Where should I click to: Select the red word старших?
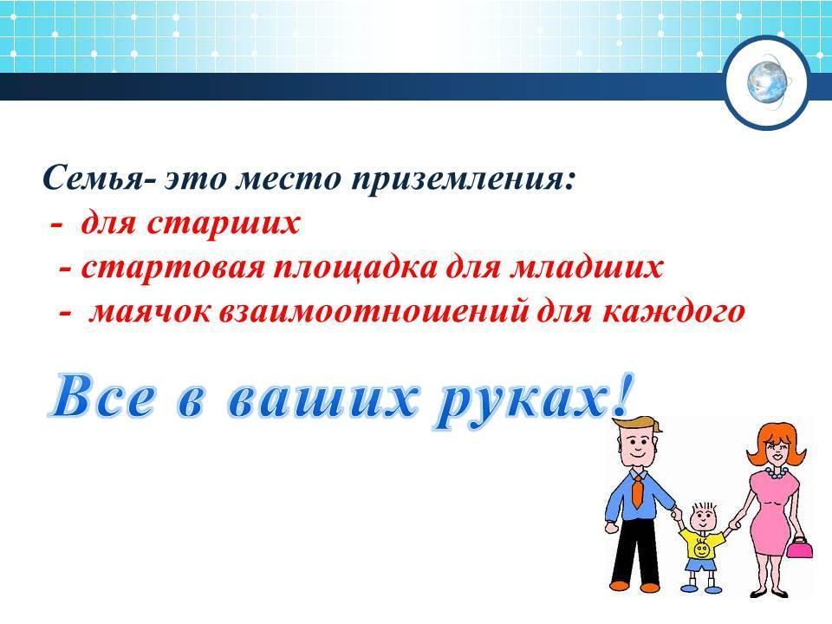point(223,223)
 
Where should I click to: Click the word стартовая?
point(173,267)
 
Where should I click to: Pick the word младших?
point(586,268)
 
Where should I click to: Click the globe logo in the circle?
point(767,82)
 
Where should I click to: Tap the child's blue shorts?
point(700,564)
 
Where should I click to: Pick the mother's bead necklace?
point(775,472)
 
